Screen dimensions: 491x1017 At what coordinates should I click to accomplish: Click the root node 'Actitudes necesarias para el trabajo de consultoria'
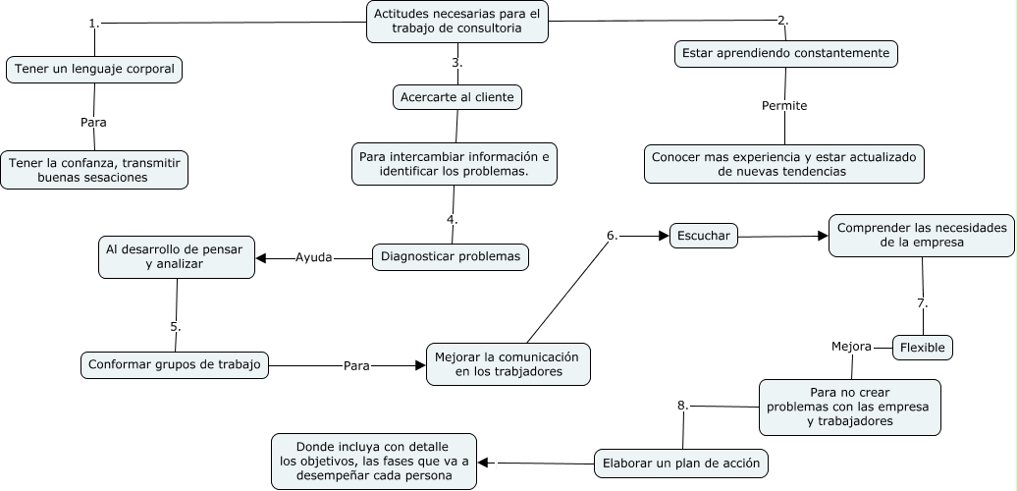pos(457,22)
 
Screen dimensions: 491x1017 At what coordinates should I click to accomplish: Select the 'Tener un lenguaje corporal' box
pos(94,70)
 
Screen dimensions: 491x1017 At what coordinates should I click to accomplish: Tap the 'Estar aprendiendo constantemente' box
pos(786,53)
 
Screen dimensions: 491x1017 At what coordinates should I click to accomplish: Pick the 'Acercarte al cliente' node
pos(456,97)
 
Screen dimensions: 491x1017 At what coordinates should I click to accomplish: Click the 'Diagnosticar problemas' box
pos(452,257)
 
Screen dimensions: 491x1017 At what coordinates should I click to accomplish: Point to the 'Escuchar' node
pos(703,236)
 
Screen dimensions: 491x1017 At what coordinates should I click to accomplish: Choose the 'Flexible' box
pos(923,347)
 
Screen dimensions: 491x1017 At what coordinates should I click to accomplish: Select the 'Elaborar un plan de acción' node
pos(681,463)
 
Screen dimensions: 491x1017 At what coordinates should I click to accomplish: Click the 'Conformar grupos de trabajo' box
pos(175,364)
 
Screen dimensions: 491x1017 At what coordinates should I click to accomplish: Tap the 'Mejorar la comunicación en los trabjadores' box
pos(508,363)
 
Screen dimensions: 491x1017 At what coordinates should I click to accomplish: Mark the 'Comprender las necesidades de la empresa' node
pos(923,235)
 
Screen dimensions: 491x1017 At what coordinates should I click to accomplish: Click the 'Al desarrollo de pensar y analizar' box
pos(176,255)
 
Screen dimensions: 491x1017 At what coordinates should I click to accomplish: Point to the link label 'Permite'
pos(784,105)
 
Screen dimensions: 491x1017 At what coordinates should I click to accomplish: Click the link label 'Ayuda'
pos(313,257)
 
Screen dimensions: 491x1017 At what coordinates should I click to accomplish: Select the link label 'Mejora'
pos(851,347)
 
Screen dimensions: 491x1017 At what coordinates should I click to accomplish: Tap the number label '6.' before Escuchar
pos(612,235)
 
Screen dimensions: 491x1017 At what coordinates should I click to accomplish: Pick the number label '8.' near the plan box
pos(682,405)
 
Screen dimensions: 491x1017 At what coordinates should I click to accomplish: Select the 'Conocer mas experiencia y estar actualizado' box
pos(784,164)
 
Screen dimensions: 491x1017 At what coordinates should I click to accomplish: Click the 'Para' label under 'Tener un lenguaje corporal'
pos(93,123)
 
